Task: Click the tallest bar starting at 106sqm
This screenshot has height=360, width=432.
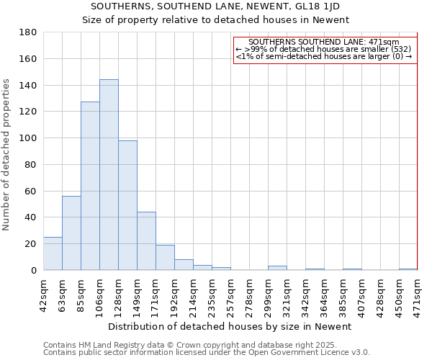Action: coord(109,175)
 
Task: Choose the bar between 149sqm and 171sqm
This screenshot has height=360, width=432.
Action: coord(146,241)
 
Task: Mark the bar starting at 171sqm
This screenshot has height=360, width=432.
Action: coord(165,258)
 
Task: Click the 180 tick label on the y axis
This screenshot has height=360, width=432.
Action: coord(28,32)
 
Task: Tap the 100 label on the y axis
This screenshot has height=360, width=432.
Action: coord(28,138)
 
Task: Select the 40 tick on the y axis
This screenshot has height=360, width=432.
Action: coord(30,217)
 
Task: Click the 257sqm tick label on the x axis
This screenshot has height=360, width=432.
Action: coord(230,294)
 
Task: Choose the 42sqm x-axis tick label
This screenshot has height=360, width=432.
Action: coord(43,294)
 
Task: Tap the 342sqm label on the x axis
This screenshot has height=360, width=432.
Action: coord(305,294)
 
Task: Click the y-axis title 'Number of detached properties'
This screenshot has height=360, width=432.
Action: coord(7,166)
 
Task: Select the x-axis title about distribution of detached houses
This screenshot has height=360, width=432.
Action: coord(230,326)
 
